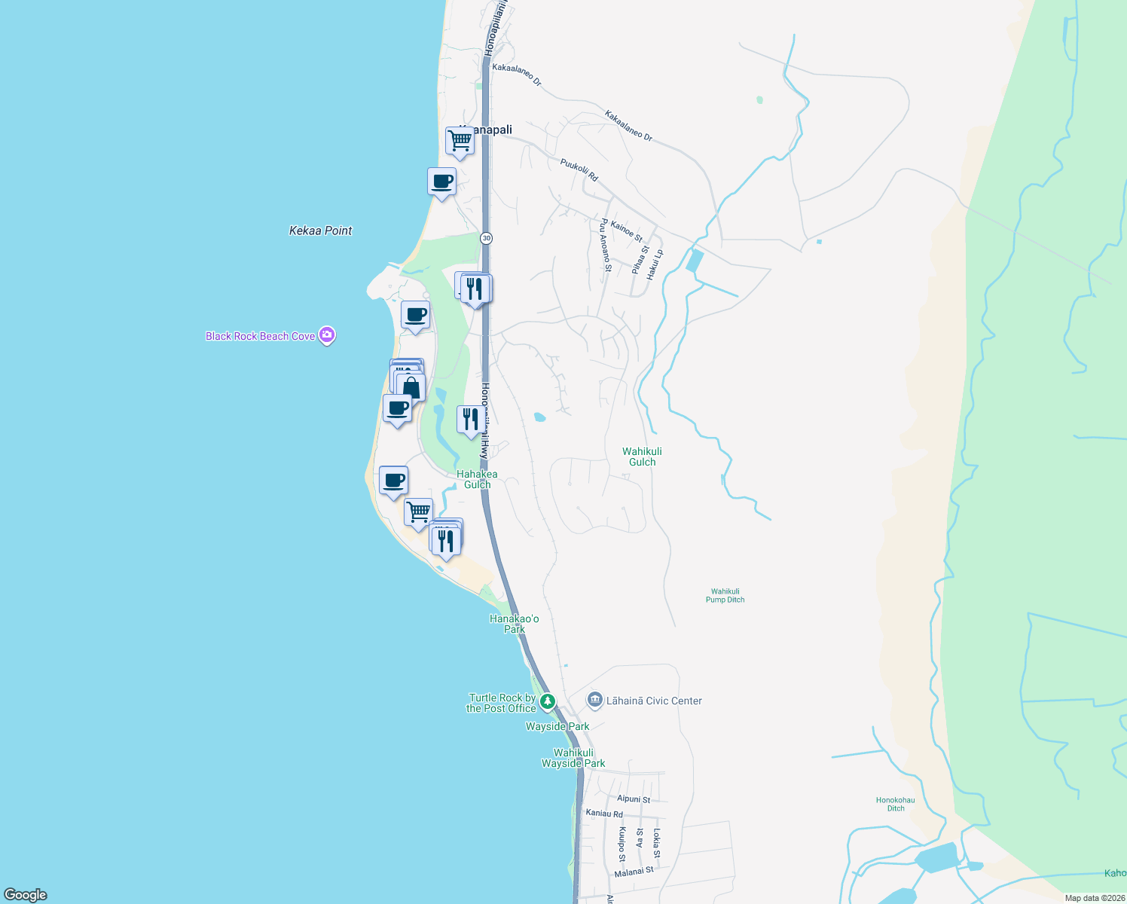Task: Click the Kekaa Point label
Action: [320, 231]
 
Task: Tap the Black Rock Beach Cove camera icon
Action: [327, 335]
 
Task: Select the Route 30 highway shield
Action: [487, 238]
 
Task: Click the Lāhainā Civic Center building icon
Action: [595, 701]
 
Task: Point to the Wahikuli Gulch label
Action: [642, 457]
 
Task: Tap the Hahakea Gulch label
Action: [477, 479]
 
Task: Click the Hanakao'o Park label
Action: [515, 624]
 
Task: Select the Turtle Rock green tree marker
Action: [548, 701]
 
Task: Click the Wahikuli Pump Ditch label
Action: [725, 596]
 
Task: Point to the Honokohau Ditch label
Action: [895, 804]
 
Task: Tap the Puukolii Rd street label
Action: [579, 169]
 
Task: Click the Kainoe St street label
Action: [627, 231]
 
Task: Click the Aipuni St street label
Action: [633, 799]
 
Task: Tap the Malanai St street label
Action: [634, 872]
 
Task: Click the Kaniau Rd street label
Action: [604, 814]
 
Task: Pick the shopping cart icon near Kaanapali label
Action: [460, 140]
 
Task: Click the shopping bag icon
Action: [411, 388]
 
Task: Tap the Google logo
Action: [26, 895]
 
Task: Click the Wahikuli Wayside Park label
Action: [573, 758]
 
